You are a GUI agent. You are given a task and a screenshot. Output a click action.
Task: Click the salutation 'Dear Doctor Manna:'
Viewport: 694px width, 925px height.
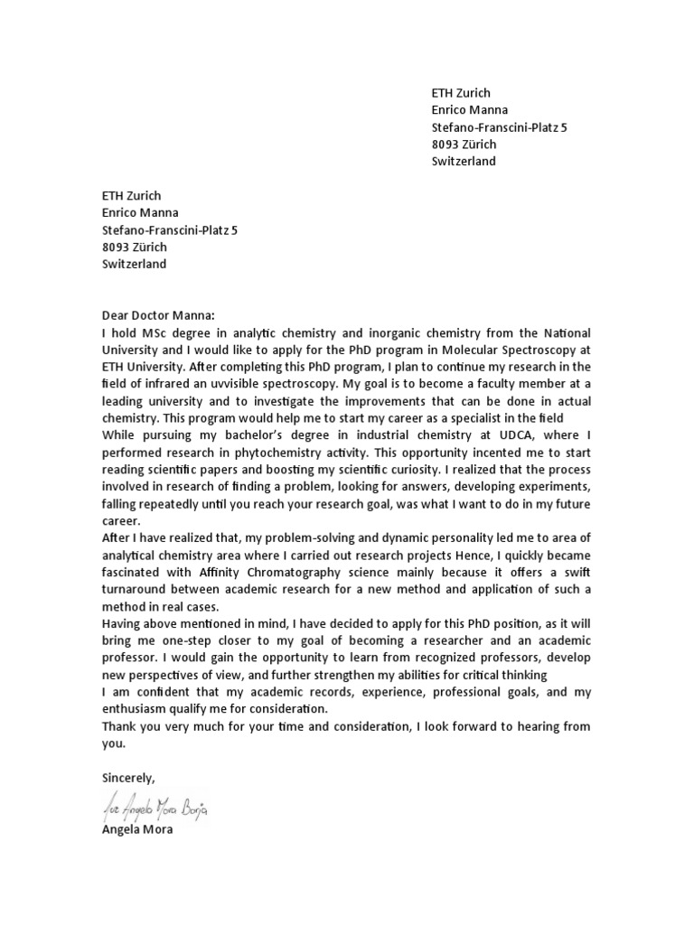click(158, 315)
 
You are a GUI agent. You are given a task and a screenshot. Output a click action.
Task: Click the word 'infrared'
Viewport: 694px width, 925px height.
click(172, 384)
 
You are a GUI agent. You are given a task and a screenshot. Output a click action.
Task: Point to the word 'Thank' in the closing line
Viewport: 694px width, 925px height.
click(118, 727)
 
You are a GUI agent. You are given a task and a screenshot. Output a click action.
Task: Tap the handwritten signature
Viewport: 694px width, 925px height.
click(155, 807)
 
